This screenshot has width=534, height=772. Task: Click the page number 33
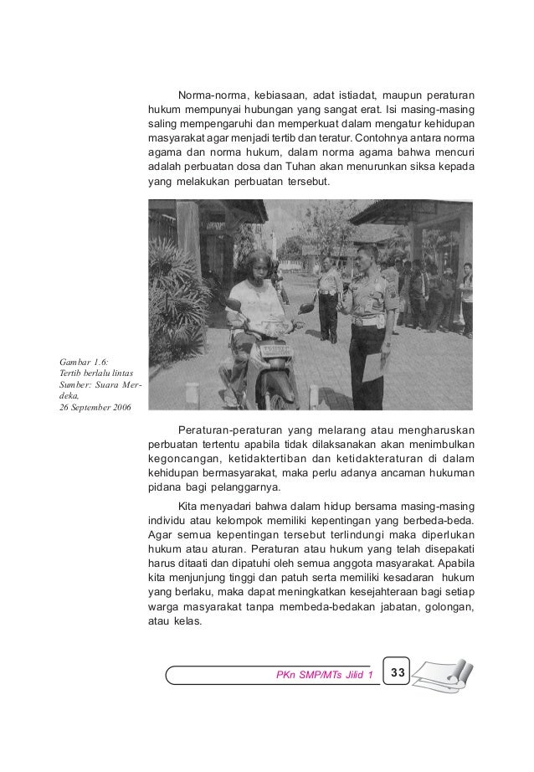point(398,672)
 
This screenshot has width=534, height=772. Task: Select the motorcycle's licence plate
point(273,349)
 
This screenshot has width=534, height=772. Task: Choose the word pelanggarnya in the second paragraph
point(244,490)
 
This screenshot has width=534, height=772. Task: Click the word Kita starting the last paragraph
point(190,507)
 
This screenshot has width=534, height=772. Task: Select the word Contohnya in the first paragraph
point(383,138)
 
